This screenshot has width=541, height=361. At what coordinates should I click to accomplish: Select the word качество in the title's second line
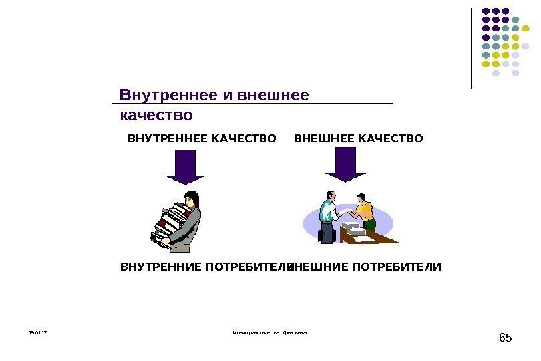coord(156,116)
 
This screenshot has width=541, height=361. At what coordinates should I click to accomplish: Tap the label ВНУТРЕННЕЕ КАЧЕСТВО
coord(201,139)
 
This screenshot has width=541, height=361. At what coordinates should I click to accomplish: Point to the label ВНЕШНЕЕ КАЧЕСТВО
coord(359,139)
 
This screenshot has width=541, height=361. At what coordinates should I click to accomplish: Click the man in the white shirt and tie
coord(327,214)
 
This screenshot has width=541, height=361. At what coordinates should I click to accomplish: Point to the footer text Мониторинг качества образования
coord(270,332)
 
